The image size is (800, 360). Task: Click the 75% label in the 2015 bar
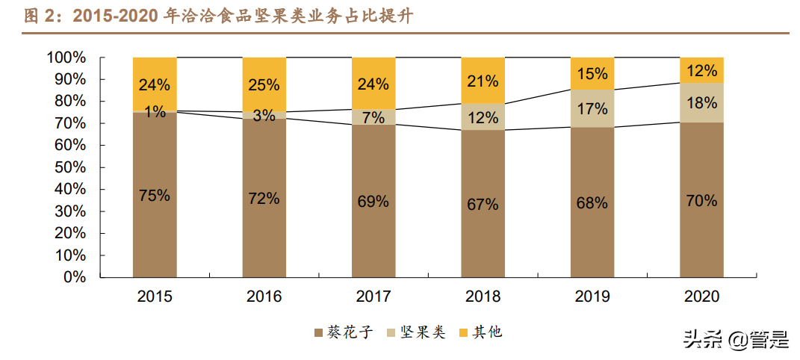tap(155, 196)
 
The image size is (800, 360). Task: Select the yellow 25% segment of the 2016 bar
tap(264, 84)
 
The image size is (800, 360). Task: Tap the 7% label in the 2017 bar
tap(373, 117)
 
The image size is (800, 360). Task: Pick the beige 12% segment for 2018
tap(483, 117)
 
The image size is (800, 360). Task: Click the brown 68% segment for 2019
tap(592, 202)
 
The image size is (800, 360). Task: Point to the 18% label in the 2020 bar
tap(701, 104)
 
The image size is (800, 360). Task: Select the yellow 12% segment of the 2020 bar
tap(701, 70)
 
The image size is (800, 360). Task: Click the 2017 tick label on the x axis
tap(373, 297)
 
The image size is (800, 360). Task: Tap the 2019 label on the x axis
tap(592, 297)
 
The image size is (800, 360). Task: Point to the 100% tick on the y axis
tap(66, 58)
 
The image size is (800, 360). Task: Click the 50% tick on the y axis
tap(69, 167)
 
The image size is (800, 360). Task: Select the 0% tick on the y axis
tap(74, 277)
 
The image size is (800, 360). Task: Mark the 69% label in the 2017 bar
tap(373, 201)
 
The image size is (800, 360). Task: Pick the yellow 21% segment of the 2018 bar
tap(483, 81)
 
